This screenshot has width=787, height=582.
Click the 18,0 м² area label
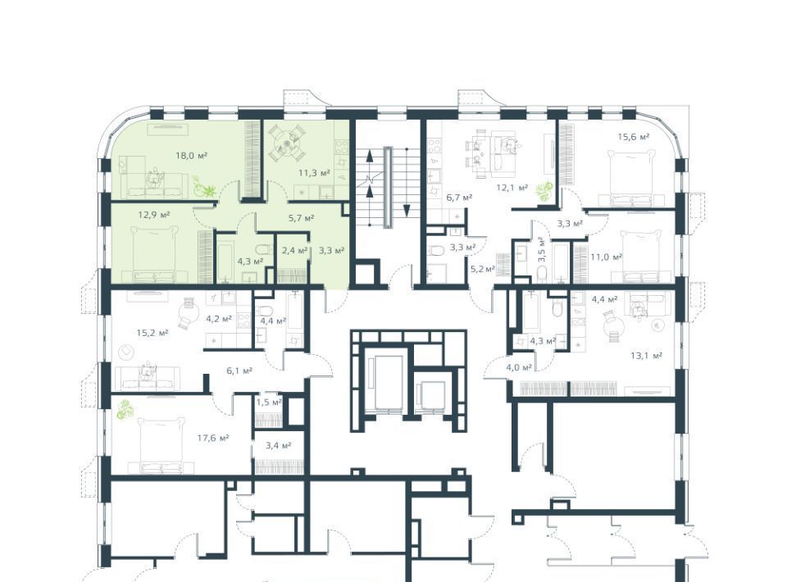point(191,156)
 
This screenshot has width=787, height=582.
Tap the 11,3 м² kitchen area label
point(314,173)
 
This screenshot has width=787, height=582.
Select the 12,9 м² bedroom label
point(153,215)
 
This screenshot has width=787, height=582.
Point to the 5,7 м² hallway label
point(301,218)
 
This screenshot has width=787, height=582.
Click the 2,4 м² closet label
point(294,250)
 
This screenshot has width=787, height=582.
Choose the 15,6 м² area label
point(634,136)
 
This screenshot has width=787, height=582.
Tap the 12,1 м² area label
point(512,188)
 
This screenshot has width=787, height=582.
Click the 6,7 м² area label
point(459,198)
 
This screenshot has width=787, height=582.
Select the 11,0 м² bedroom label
point(607,257)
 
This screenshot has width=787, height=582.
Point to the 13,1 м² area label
point(646,356)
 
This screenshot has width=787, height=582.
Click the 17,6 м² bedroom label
point(213,438)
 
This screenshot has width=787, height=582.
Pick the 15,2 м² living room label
point(152,333)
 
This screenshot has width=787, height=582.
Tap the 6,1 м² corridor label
point(239,371)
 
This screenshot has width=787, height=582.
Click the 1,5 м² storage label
point(269,402)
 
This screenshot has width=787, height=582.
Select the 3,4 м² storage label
point(279,445)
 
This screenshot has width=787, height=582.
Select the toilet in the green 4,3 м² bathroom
point(262,249)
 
